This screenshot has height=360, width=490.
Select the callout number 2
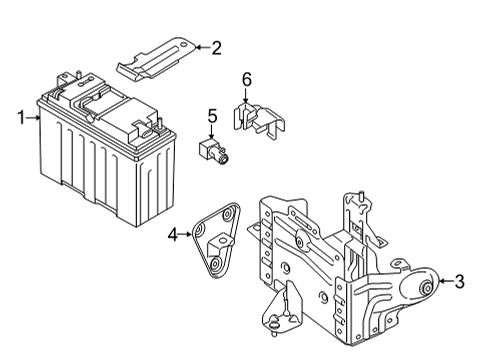coord(215,46)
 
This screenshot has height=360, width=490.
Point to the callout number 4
coord(172,236)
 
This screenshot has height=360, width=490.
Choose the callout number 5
coord(212,118)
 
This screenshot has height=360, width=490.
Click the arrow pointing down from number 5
coord(212,133)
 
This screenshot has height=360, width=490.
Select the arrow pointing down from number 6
coord(246,95)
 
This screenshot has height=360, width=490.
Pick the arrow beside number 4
coord(186,236)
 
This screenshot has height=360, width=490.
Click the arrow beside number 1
coord(34,119)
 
